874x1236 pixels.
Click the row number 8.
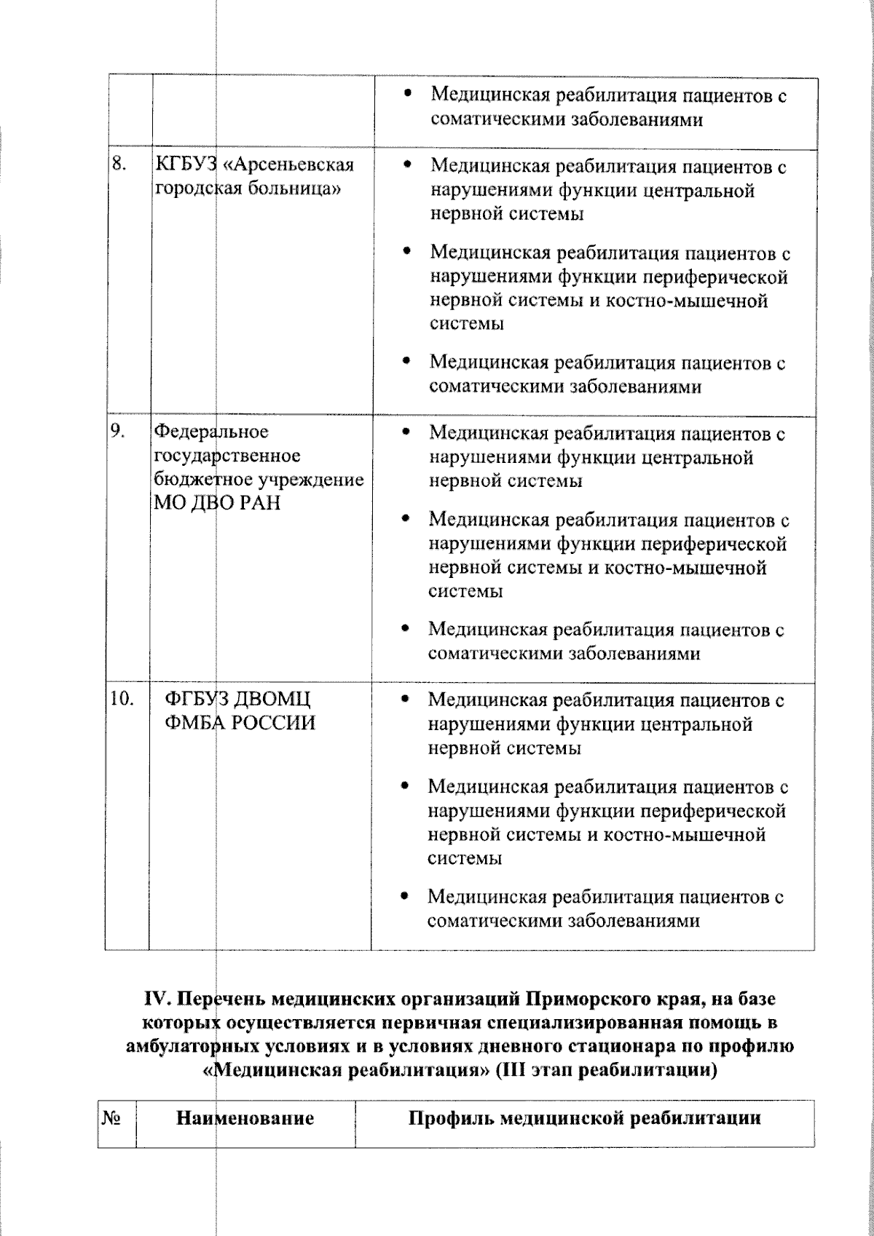pyautogui.click(x=119, y=165)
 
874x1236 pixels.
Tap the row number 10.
pyautogui.click(x=122, y=699)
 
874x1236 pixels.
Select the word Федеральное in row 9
pyautogui.click(x=210, y=432)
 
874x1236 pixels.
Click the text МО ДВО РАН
pyautogui.click(x=217, y=503)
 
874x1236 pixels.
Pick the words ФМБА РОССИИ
pyautogui.click(x=240, y=724)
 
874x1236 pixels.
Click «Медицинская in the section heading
pyautogui.click(x=275, y=1071)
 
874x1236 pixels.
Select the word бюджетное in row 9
pyautogui.click(x=191, y=480)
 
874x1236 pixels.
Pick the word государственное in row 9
pyautogui.click(x=226, y=456)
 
